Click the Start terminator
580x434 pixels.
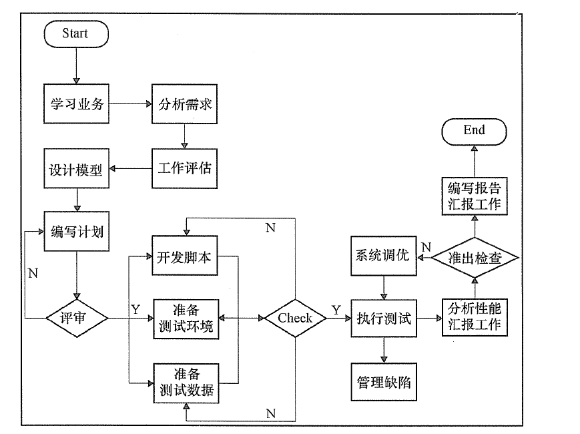[75, 33]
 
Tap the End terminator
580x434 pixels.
[474, 130]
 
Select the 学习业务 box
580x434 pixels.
[77, 103]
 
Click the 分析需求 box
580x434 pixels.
[185, 103]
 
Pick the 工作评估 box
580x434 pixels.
[185, 168]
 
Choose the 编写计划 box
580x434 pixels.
[77, 232]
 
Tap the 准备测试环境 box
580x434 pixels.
[185, 318]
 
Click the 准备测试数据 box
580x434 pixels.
[185, 383]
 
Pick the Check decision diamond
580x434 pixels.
[295, 318]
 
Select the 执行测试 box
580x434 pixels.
[383, 318]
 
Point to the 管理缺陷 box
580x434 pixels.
[383, 383]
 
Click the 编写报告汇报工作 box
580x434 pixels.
[474, 196]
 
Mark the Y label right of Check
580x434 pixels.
[336, 310]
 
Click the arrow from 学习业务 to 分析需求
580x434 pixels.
[130, 104]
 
